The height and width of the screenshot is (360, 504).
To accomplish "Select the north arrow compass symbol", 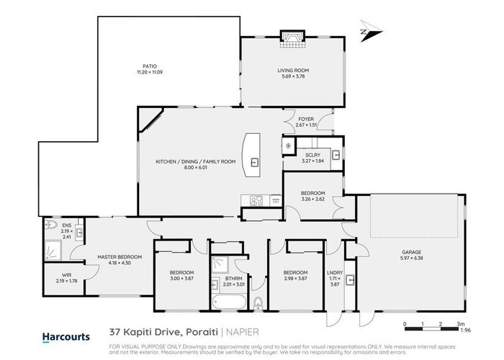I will pos(366,32).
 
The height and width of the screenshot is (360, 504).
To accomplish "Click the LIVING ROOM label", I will pos(292,70).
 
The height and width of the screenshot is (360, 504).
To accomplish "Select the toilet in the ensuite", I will pos(50,225).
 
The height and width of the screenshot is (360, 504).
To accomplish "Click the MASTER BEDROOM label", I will pos(120,256).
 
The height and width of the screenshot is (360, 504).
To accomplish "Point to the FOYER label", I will pos(306,120).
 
